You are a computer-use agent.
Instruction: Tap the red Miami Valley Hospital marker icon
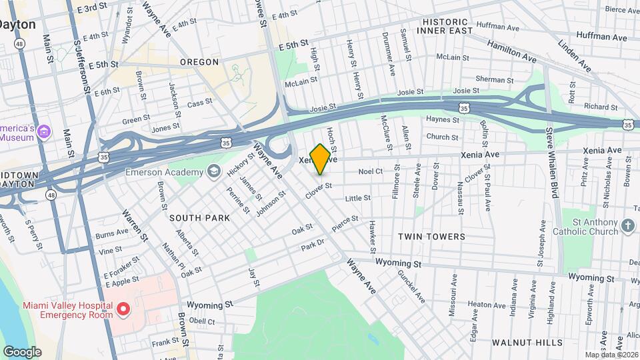[123, 309]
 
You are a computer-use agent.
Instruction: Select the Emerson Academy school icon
[213, 172]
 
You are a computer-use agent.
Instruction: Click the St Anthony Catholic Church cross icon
[627, 226]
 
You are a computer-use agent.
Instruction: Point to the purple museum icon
[45, 131]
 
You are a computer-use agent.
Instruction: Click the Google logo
[22, 351]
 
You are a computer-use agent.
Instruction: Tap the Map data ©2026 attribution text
[611, 355]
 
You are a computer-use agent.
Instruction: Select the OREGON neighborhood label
[199, 62]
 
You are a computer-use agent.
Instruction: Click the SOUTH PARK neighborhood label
[199, 218]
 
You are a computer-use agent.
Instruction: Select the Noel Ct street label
[370, 171]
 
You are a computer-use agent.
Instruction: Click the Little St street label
[357, 198]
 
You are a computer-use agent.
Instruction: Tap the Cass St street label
[199, 103]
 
